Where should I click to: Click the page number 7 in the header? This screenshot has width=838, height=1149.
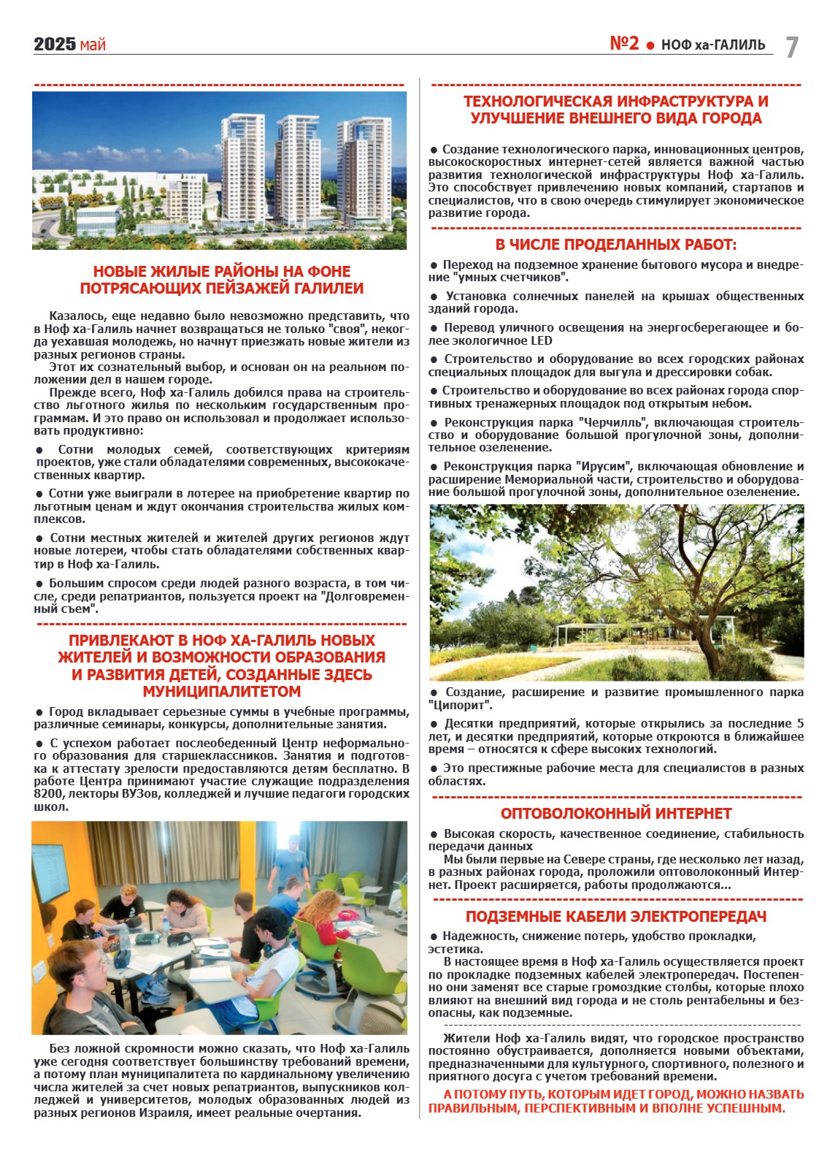tap(792, 47)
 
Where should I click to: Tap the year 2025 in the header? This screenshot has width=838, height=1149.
tap(55, 45)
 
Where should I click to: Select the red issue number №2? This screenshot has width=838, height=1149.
tap(624, 44)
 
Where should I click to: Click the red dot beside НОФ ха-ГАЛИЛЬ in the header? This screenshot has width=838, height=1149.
tap(650, 46)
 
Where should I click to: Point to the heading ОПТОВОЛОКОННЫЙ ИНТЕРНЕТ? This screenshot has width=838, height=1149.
tap(615, 814)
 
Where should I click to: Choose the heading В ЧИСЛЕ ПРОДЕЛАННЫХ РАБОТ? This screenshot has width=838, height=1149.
tap(615, 245)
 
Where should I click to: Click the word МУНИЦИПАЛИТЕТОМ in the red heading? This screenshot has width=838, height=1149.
tap(221, 692)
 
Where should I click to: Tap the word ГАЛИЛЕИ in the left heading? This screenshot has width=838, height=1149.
tap(327, 289)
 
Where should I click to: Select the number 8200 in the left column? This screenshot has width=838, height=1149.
tap(48, 794)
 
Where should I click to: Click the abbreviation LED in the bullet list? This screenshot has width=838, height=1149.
tap(541, 341)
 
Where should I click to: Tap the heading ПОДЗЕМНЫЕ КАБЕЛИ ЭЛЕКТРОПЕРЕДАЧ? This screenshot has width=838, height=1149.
tap(615, 917)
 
